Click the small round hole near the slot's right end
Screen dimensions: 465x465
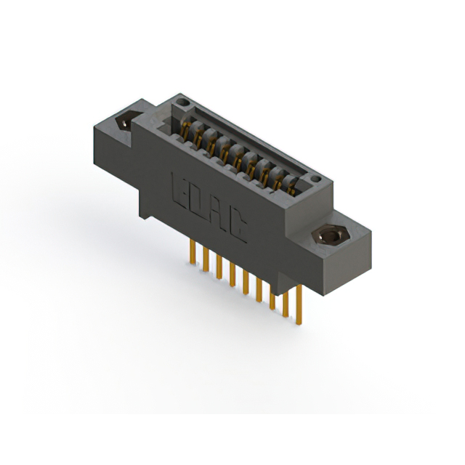click(x=314, y=179)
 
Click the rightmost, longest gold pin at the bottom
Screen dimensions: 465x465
click(x=299, y=305)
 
